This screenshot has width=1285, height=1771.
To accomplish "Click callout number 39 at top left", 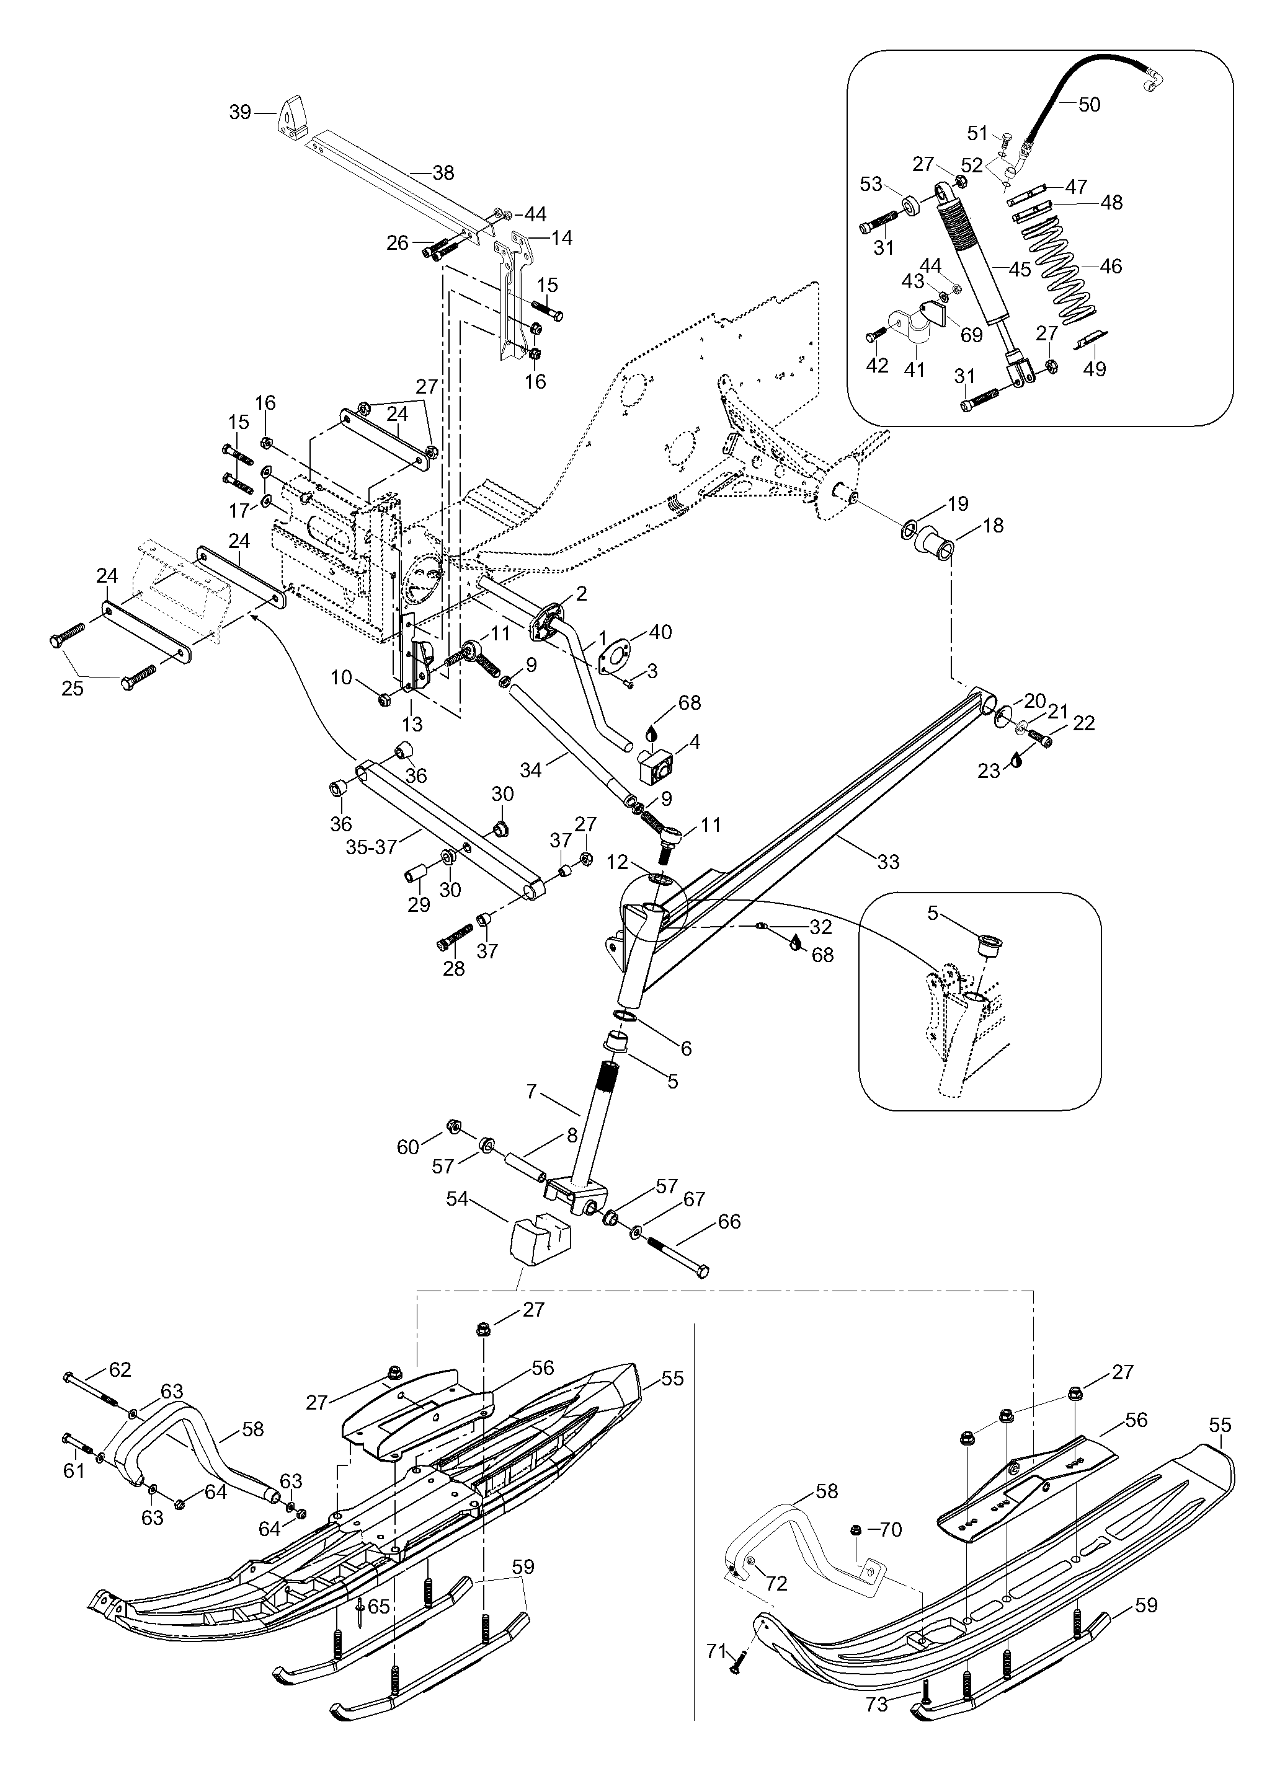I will pyautogui.click(x=240, y=112).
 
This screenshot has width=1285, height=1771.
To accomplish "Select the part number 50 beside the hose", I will pyautogui.click(x=1089, y=105).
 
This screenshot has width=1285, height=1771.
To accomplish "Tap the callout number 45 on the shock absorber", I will pyautogui.click(x=1020, y=270).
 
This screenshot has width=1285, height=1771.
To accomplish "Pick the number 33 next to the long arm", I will pyautogui.click(x=888, y=862).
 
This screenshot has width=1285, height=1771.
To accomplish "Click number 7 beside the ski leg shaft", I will pyautogui.click(x=532, y=1091).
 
